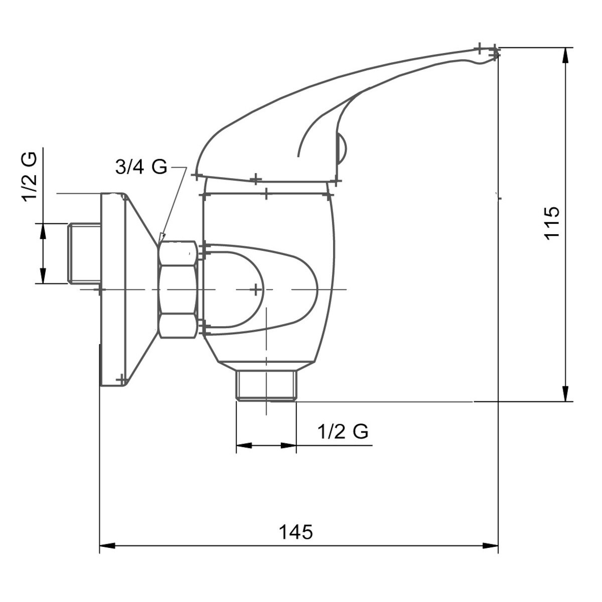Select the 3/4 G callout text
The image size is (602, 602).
tap(141, 167)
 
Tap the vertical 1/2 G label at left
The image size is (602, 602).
tap(30, 177)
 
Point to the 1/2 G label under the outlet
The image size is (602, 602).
tap(343, 431)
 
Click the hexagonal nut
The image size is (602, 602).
tap(178, 289)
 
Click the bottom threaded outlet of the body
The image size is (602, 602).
tap(266, 385)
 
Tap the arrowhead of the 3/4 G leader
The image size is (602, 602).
tap(162, 237)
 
